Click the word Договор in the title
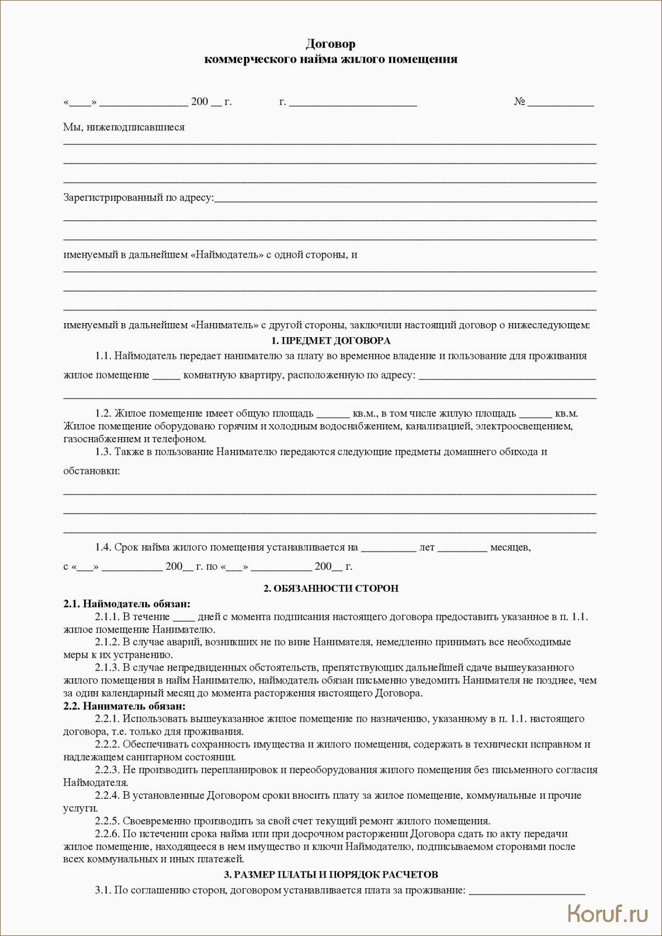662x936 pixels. pos(330,44)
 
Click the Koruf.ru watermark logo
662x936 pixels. pos(608,913)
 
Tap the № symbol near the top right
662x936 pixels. pos(519,102)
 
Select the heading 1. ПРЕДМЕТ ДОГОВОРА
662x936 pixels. pos(331,341)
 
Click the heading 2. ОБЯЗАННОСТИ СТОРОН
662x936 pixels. pos(331,588)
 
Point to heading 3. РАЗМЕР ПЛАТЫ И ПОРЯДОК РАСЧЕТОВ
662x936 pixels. pos(331,875)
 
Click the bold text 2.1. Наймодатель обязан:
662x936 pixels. pos(127,604)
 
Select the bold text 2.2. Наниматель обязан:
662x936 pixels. pos(124,706)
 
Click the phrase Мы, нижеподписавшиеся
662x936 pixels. pos(124,127)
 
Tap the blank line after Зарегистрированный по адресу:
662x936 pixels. pos(405,199)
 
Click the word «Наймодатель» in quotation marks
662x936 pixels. pos(227,255)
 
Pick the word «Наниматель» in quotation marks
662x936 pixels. pos(224,325)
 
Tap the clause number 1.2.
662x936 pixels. pos(103,414)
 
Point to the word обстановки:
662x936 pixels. pos(92,471)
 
